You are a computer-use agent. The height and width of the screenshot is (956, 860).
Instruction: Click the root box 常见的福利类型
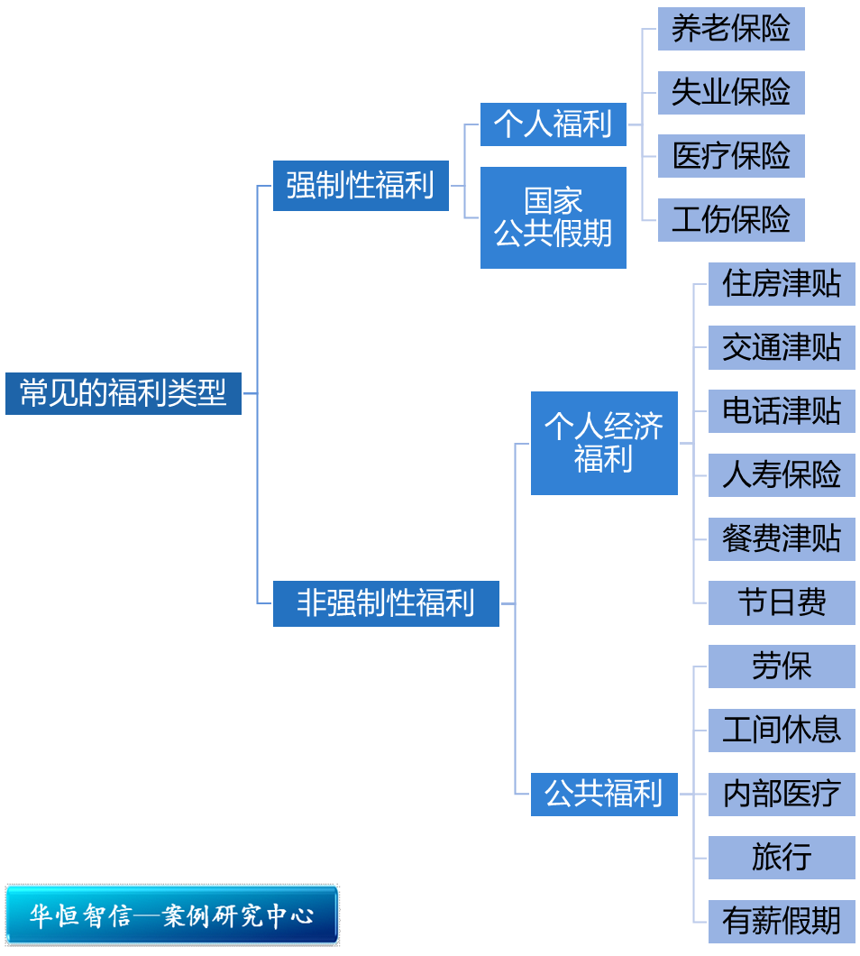pos(124,393)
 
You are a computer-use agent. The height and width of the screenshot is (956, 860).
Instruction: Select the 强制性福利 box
pos(361,186)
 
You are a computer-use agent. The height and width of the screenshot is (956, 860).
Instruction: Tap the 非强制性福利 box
pos(386,603)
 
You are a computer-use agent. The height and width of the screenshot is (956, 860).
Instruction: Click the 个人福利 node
pos(553,124)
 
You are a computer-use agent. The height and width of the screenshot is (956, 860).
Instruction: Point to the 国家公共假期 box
pos(553,217)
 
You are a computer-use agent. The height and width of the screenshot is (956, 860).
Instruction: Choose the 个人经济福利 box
pos(604,443)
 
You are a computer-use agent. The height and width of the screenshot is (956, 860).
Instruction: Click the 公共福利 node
pos(604,794)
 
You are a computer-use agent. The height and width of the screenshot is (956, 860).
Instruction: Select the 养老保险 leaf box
pos(731,29)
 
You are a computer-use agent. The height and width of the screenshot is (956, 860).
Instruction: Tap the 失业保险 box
pos(731,93)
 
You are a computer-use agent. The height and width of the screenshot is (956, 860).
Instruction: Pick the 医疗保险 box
pos(731,156)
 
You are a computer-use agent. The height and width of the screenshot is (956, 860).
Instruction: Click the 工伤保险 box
pos(731,220)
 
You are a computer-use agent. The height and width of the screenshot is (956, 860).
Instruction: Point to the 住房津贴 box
pos(782,284)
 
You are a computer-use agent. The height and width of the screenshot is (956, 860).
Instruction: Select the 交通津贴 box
pos(782,347)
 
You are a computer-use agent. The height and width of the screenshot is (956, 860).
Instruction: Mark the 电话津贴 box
pos(782,411)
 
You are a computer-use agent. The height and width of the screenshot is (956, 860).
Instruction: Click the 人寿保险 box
pos(782,475)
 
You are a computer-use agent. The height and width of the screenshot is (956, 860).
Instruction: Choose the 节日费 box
pos(782,602)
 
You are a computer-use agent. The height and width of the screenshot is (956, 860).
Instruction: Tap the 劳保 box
pos(782,666)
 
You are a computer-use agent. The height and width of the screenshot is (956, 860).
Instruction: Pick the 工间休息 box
pos(782,730)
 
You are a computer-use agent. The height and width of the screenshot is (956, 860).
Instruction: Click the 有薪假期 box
pos(782,921)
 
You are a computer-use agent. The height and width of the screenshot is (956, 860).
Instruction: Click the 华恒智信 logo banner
pos(172,915)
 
